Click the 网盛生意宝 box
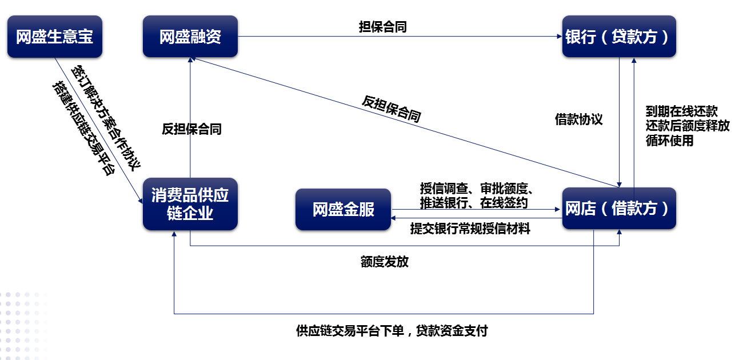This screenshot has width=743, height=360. coord(55,37)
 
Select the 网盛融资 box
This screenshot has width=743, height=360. coord(190,37)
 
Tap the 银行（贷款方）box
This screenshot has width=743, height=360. coord(619,37)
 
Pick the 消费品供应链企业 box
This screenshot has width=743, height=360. coord(190,204)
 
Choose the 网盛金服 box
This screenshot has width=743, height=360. coord(343,209)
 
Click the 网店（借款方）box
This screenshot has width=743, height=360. coord(619,209)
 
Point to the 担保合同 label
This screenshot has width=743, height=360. coord(383,27)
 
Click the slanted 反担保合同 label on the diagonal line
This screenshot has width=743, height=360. coord(392,109)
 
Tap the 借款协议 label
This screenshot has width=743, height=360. coord(579,119)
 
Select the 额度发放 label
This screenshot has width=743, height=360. coord(385,262)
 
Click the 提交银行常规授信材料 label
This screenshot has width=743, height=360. coord(470,229)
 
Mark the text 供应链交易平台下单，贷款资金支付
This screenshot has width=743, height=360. coord(392,331)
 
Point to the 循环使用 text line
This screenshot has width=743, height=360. coord(670,141)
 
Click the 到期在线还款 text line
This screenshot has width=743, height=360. coord(682,111)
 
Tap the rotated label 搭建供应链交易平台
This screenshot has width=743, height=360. coord(84,128)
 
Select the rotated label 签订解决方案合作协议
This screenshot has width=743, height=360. coord(106,118)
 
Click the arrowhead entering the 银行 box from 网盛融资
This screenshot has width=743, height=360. coord(560,37)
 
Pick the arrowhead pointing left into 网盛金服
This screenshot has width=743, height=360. coord(393,218)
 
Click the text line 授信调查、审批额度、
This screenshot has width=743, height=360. coord(477,189)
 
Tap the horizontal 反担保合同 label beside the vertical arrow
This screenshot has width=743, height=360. coord(191,129)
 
